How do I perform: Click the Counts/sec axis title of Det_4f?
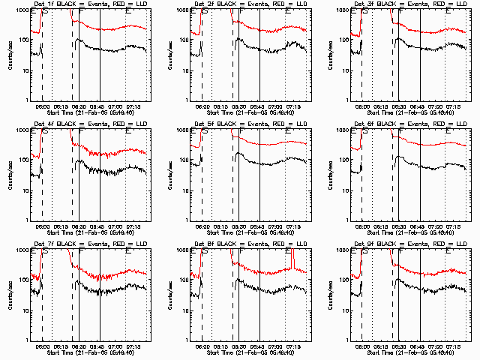click(10, 175)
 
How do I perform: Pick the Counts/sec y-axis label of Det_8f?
click(170, 295)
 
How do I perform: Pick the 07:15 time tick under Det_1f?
click(136, 106)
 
